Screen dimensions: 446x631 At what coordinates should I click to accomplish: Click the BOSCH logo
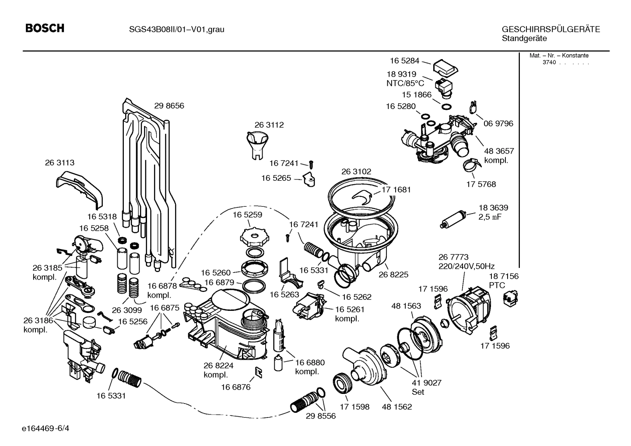point(45,28)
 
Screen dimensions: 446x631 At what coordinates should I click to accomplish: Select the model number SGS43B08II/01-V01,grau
point(176,29)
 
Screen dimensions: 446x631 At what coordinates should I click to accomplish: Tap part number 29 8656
point(169,105)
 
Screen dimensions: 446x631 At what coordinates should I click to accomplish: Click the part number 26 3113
point(60,162)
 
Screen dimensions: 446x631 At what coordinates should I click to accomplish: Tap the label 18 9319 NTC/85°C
point(405,79)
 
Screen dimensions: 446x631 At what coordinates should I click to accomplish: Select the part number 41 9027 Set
point(426,387)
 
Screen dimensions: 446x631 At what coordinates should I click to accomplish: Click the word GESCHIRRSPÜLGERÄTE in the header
point(550,29)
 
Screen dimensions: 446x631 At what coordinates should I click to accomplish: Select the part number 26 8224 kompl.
point(218,370)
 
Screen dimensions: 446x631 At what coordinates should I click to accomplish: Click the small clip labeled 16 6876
point(259,372)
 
